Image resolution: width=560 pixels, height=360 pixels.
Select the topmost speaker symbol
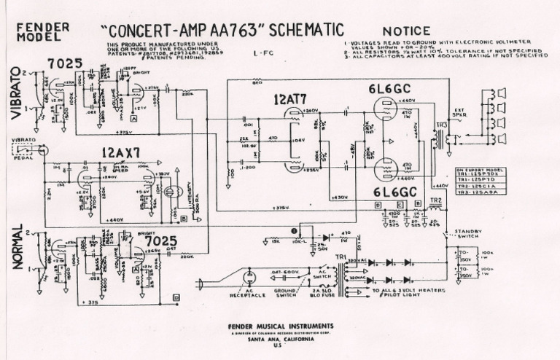click(502, 93)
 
